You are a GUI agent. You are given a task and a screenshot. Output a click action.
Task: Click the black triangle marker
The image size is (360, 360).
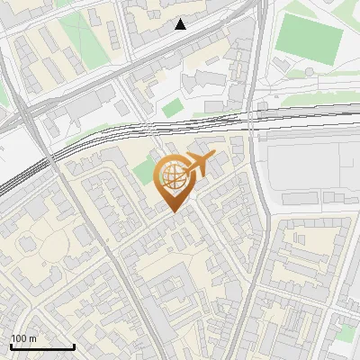[181, 24]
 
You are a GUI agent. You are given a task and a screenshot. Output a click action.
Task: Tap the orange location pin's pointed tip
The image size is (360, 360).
[174, 211]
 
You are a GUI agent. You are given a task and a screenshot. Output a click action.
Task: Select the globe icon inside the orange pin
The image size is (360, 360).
[173, 176]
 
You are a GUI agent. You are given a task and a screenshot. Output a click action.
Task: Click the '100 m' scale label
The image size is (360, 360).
[23, 338]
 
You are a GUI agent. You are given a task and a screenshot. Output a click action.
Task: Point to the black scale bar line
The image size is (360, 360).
[42, 347]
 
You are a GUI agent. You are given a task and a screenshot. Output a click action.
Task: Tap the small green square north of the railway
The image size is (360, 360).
[172, 108]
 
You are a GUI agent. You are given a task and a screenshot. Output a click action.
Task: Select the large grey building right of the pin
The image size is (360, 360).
[306, 171]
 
